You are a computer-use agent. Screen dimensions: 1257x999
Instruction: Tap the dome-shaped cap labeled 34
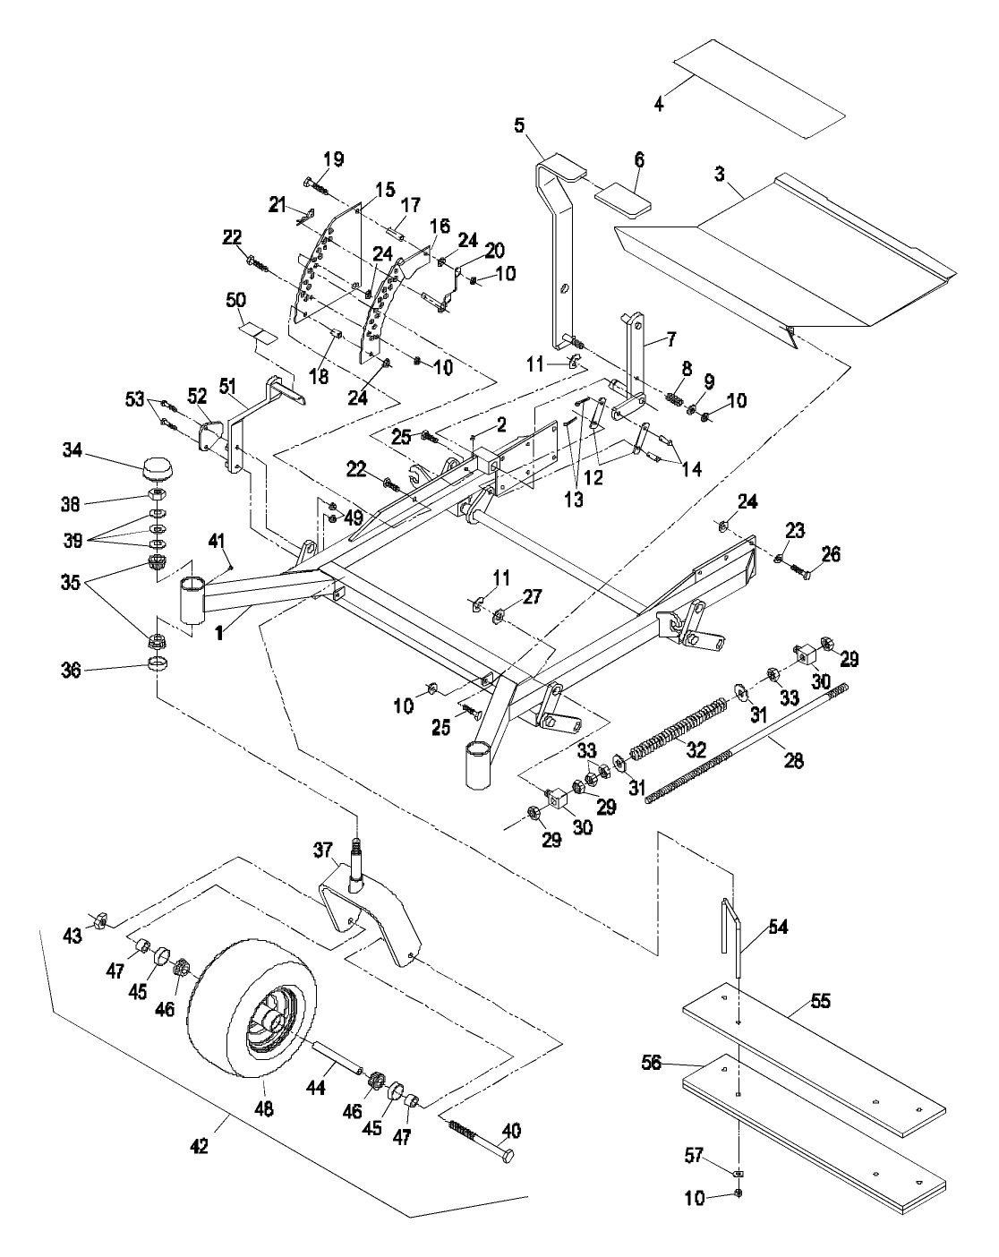158,467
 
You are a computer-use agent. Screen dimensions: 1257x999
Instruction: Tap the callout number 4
659,104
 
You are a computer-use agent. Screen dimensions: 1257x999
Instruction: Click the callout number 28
792,762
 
